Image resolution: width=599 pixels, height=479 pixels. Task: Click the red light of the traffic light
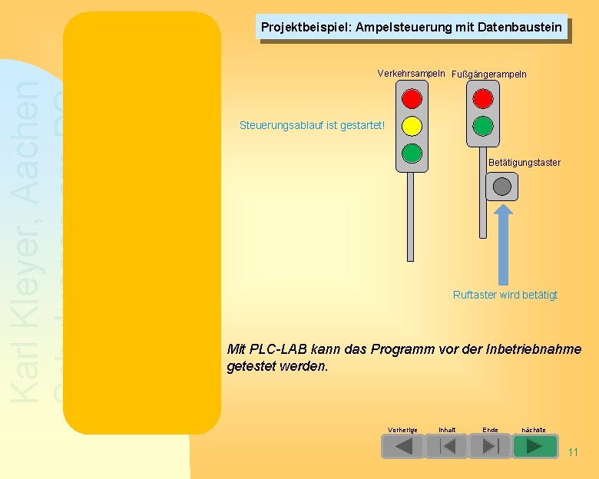click(412, 99)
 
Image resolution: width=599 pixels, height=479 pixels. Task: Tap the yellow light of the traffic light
click(412, 126)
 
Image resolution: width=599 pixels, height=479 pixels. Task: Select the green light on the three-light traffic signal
click(412, 153)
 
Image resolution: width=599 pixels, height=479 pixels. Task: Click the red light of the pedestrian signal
click(483, 99)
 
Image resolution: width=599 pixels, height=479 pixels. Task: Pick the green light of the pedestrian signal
click(483, 126)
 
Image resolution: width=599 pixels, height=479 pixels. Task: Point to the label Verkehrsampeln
click(411, 74)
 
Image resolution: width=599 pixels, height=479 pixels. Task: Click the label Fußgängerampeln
click(488, 74)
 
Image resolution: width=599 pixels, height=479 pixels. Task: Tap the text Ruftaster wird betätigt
click(505, 295)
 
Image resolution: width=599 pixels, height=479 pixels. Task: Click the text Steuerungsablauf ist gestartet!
click(312, 124)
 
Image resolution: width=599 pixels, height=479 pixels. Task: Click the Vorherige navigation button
click(402, 446)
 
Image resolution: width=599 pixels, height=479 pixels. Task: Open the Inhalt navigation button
click(446, 446)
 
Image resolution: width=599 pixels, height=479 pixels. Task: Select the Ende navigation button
click(490, 446)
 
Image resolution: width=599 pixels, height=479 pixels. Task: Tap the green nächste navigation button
click(534, 446)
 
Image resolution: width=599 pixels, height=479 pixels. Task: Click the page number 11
click(573, 452)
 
